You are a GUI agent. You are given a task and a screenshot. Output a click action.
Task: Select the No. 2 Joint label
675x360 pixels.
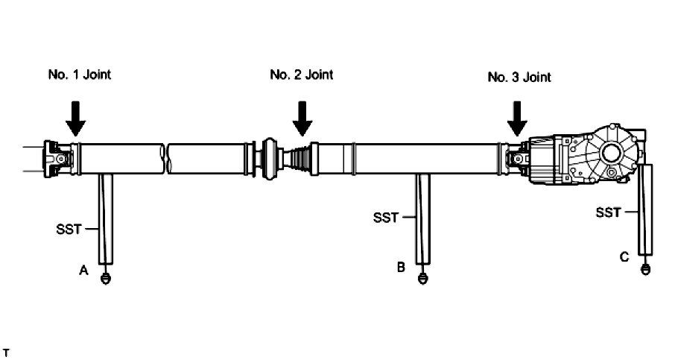301,75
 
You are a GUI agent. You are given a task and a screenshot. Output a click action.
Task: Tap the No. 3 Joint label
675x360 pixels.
519,77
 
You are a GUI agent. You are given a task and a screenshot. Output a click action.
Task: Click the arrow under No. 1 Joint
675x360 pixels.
75,118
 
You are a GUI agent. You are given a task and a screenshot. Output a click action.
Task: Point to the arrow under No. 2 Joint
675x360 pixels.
302,118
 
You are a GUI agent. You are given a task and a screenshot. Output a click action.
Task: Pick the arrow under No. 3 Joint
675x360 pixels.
516,119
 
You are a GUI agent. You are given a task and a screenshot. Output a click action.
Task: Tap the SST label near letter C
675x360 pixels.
608,212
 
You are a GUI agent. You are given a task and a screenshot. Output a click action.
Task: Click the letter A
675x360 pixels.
84,272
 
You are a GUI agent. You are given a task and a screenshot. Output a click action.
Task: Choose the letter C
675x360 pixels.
624,257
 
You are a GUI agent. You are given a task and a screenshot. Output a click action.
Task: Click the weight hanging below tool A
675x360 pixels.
106,280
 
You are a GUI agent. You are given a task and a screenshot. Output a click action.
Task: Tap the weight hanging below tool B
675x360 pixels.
423,279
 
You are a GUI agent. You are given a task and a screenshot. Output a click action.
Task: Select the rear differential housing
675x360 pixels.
589,157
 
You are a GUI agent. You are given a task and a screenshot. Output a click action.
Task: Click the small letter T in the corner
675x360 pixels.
6,350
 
